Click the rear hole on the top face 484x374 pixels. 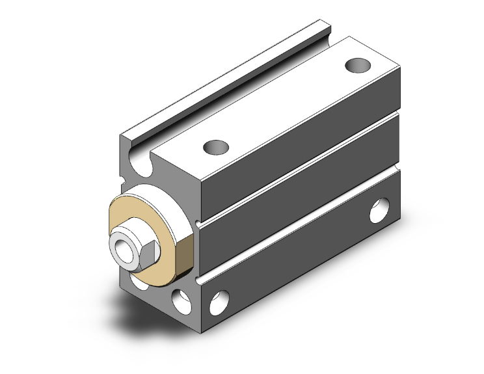[x=356, y=66]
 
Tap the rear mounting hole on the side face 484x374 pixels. [x=377, y=211]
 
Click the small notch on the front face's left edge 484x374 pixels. [x=124, y=176]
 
